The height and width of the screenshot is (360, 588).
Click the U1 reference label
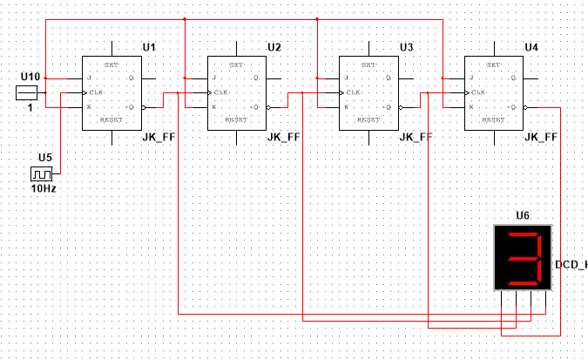pyautogui.click(x=149, y=45)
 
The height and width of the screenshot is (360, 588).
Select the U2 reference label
pyautogui.click(x=274, y=45)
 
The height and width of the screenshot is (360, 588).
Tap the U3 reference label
pyautogui.click(x=405, y=45)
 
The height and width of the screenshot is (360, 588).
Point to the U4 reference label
pyautogui.click(x=531, y=45)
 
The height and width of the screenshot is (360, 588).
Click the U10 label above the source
pyautogui.click(x=30, y=78)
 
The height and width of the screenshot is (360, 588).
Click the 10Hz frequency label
pyautogui.click(x=44, y=188)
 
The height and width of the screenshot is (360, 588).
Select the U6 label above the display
pyautogui.click(x=522, y=215)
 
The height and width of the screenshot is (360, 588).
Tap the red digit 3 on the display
pyautogui.click(x=523, y=258)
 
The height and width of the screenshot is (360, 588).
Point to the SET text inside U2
pyautogui.click(x=236, y=65)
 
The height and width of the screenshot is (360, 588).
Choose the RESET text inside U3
pyautogui.click(x=367, y=119)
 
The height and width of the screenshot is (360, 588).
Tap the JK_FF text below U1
pyautogui.click(x=159, y=138)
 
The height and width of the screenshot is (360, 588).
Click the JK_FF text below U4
pyautogui.click(x=542, y=138)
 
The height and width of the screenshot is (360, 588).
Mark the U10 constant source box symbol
pyautogui.click(x=29, y=92)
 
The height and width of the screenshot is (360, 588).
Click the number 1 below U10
pyautogui.click(x=29, y=107)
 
